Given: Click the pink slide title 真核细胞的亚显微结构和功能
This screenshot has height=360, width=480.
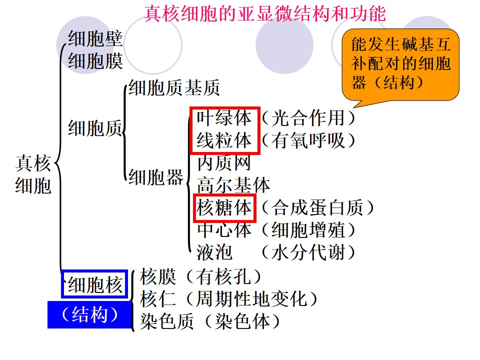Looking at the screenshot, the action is [x=265, y=14].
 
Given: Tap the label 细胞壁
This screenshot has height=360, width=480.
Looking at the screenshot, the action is [x=95, y=38].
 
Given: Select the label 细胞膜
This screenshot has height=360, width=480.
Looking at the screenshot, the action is [x=95, y=61].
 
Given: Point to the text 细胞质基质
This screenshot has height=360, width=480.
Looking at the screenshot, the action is [x=174, y=87].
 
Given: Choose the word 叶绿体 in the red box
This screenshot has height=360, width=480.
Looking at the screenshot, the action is [x=224, y=118].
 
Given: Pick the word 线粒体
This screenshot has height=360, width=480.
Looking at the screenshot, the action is [x=224, y=140].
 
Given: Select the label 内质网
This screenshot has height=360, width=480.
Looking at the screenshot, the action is [x=224, y=162].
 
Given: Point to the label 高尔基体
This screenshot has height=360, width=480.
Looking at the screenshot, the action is [x=233, y=185].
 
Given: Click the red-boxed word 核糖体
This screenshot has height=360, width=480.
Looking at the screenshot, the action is [x=224, y=207].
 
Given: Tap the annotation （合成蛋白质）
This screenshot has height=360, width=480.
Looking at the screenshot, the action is [x=317, y=207].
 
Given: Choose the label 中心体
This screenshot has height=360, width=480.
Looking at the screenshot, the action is [x=224, y=229].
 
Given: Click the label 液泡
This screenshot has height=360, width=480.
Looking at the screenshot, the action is [x=214, y=252].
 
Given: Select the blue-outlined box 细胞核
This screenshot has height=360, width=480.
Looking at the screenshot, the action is [x=94, y=284].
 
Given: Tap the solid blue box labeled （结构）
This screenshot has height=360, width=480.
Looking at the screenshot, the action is [x=90, y=314].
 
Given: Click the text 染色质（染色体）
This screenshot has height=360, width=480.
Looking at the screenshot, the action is [x=210, y=321].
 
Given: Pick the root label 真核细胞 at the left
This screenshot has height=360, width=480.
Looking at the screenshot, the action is [x=33, y=174].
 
